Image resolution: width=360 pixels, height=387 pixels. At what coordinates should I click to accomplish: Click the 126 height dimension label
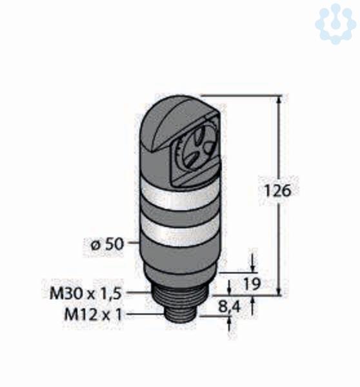point(277,191)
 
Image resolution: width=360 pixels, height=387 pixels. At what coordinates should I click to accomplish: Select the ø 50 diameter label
point(106,244)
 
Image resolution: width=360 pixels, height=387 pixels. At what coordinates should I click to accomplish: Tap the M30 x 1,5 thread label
point(86,293)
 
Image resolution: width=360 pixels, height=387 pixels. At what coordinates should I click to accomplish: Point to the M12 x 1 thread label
point(93,315)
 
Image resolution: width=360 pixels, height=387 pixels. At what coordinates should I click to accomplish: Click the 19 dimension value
point(252,284)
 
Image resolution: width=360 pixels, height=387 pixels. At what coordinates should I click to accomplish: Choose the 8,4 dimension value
point(229,307)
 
